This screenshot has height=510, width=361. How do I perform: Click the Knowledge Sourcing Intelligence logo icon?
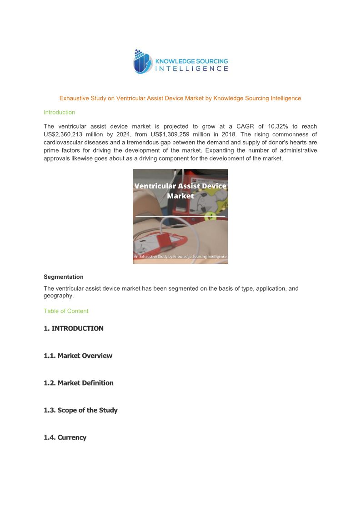point(142,62)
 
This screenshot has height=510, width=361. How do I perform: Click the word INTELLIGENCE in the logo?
point(191,69)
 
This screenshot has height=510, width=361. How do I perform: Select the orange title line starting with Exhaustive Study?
point(180,98)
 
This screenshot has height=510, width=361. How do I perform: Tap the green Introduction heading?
point(59,112)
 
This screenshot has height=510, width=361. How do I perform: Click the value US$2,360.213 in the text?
point(65,134)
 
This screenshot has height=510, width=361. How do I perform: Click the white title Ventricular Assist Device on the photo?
point(180,186)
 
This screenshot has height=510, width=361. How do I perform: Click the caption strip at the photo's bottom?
point(180,257)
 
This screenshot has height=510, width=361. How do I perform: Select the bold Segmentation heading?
point(64,277)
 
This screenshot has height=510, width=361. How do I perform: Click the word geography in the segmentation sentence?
point(58,296)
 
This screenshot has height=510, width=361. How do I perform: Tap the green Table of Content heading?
point(66,311)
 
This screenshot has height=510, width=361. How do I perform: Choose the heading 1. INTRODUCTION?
point(74,328)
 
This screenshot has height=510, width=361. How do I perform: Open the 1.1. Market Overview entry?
point(78,356)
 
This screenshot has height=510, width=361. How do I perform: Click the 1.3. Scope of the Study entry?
point(80,410)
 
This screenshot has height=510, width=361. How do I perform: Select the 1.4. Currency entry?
point(65,437)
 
